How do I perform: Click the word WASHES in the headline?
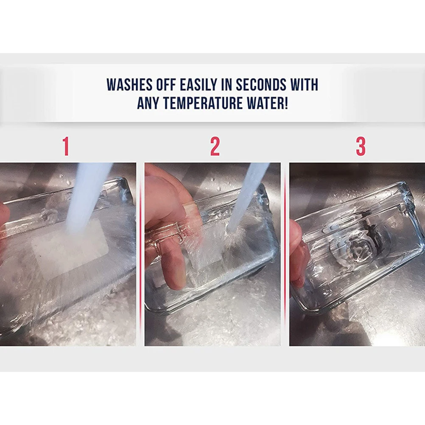pos(129,84)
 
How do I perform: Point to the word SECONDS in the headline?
pos(261,84)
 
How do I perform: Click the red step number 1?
pos(66,146)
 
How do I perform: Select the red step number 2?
pos(215,146)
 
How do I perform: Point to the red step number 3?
pos(361,146)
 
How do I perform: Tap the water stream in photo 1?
pos(87,198)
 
